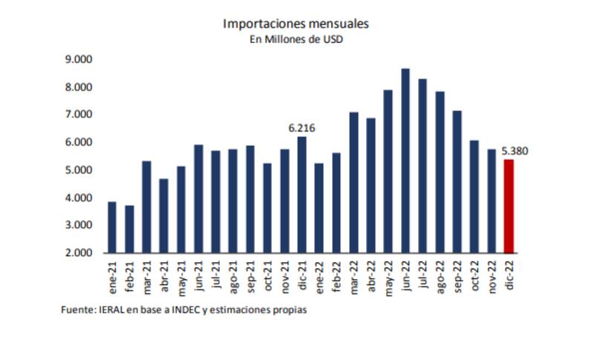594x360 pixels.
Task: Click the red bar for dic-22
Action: pos(509,206)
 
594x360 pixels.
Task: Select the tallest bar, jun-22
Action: pos(405,160)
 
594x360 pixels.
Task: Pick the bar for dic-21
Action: pos(301,194)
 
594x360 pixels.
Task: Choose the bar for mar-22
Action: pos(353,182)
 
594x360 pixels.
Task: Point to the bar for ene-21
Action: pos(112,226)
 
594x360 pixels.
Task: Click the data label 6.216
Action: pos(301,128)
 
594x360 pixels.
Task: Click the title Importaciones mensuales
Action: pos(296,24)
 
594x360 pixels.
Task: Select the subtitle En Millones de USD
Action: pos(296,39)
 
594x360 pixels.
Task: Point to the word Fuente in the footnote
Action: pos(77,310)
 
